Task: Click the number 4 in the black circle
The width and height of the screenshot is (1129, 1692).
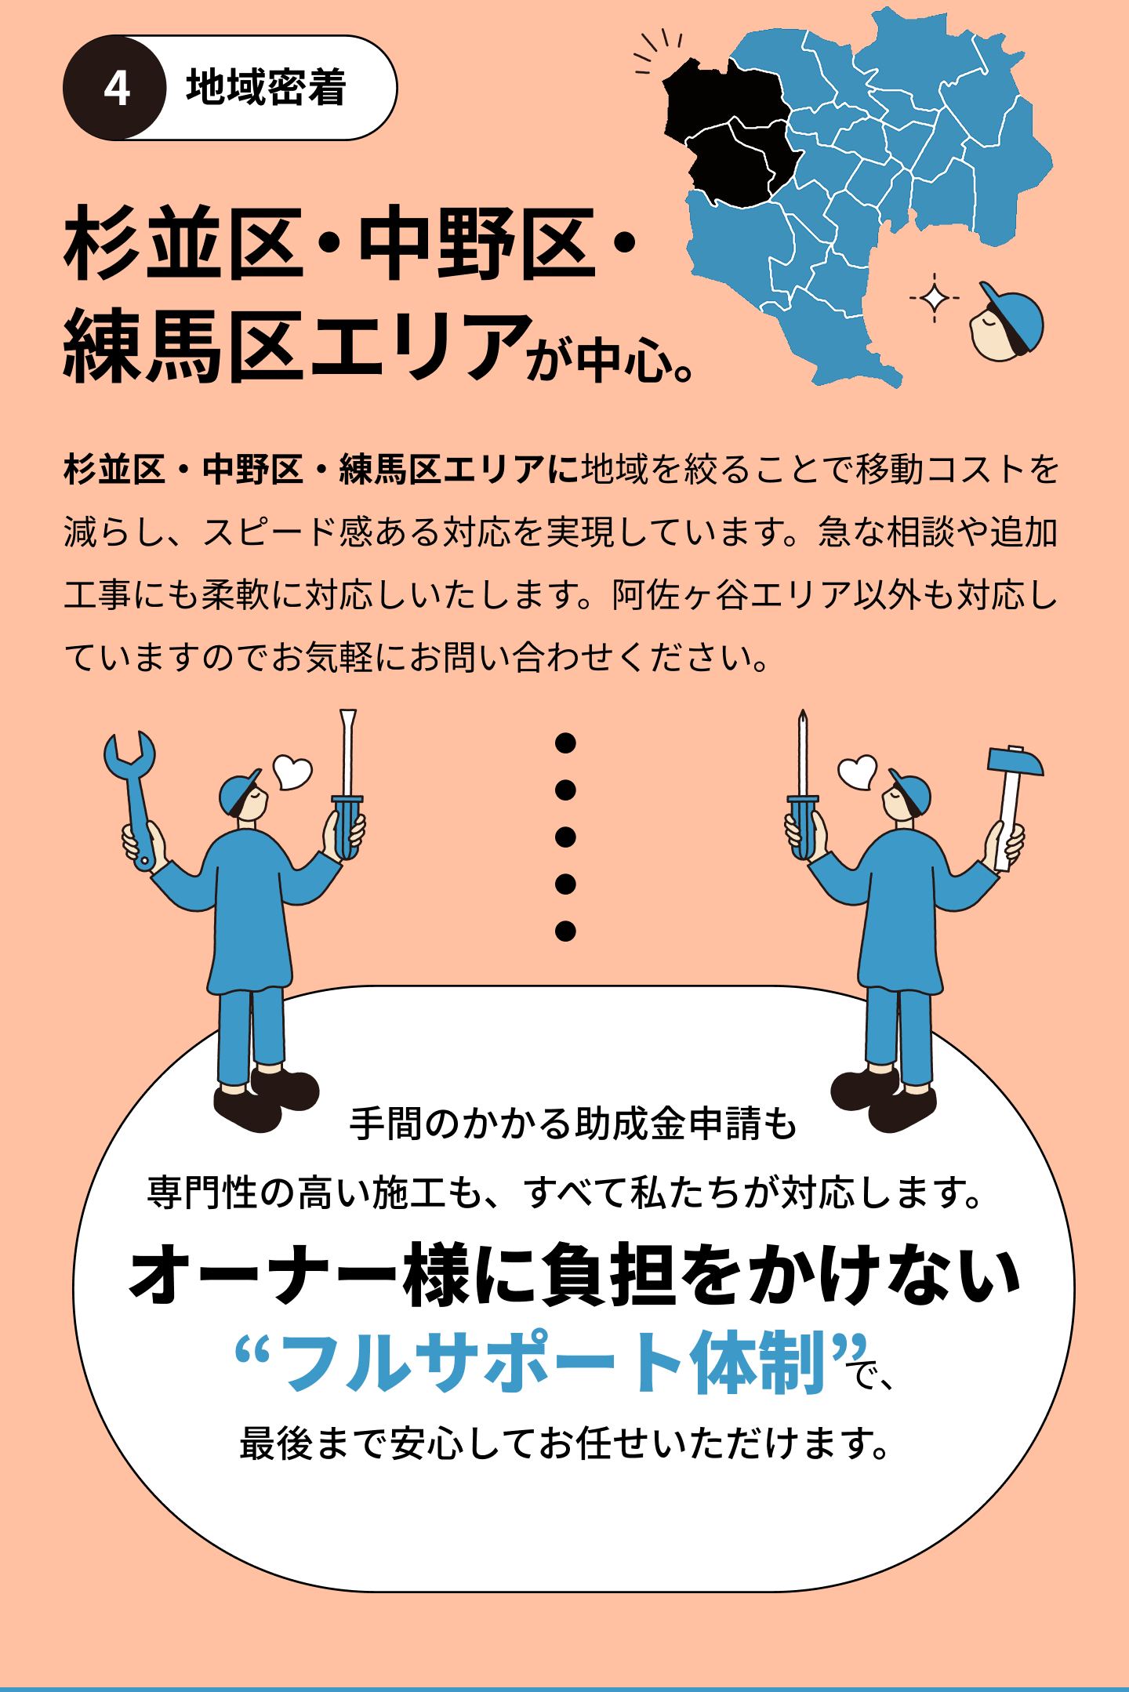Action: pos(116,89)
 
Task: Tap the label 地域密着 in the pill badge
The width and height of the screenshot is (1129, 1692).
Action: pos(267,88)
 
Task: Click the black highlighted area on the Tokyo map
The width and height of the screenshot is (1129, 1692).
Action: pos(725,133)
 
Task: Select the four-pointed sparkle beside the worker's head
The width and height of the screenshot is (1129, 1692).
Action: pos(934,298)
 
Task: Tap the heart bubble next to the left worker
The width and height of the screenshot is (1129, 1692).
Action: pos(293,772)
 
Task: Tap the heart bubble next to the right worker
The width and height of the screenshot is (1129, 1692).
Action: pos(857,772)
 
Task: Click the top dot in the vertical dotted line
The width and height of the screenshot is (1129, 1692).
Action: pos(565,743)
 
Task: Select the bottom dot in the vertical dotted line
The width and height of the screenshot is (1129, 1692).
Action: pos(565,931)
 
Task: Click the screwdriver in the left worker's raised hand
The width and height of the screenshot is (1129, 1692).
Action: pos(347,784)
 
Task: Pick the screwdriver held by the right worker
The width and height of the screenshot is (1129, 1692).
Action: pos(802,784)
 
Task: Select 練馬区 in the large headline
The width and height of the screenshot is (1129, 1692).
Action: pos(184,346)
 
